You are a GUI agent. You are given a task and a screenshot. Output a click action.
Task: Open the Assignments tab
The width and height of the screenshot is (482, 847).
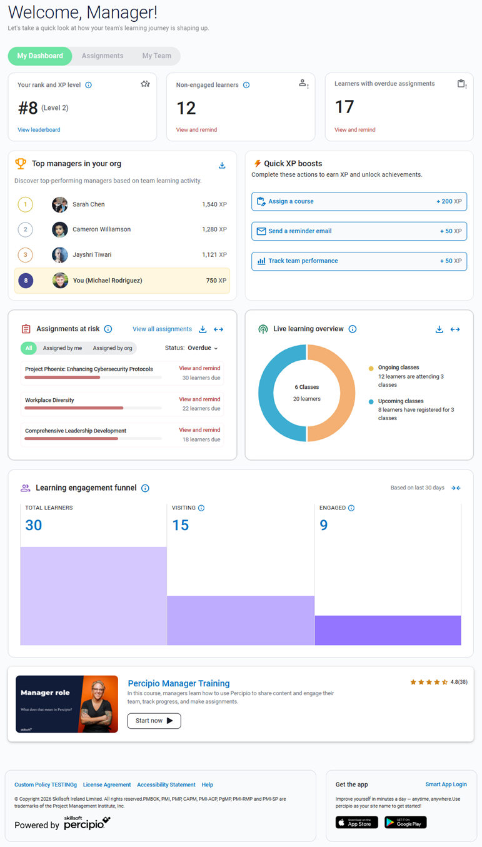click(103, 56)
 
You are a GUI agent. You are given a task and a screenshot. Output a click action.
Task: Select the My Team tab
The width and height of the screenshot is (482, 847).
click(156, 56)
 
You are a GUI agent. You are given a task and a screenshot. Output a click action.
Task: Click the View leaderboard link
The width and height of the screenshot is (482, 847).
click(39, 130)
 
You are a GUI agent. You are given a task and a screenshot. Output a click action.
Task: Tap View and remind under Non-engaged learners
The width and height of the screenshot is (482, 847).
click(196, 130)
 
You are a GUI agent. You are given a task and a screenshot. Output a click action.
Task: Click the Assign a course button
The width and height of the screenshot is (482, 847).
click(359, 201)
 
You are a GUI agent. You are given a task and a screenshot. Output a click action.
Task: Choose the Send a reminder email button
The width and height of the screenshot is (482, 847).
click(359, 231)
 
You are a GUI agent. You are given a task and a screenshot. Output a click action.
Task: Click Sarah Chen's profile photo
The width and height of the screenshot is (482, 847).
click(60, 204)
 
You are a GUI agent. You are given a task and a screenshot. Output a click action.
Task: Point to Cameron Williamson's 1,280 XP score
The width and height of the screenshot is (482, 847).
click(214, 229)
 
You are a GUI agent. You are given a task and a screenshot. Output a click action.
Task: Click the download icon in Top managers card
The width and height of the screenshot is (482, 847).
click(222, 166)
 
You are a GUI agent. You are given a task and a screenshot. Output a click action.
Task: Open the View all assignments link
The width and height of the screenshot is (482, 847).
click(162, 329)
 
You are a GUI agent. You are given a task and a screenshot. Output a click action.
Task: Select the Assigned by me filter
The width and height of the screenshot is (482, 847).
click(63, 348)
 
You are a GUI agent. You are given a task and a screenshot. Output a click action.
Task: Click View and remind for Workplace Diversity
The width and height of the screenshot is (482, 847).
click(199, 399)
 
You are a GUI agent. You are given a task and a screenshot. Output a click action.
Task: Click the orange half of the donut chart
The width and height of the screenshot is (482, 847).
click(331, 393)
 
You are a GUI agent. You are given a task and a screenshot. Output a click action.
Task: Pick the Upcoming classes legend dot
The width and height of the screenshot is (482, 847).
click(371, 402)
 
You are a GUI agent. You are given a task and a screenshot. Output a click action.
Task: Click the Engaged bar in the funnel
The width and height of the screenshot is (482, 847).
click(388, 630)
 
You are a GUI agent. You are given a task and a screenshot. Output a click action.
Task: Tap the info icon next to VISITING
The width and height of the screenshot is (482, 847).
click(201, 508)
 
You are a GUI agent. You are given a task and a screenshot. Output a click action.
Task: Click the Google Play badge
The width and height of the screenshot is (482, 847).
click(405, 822)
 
